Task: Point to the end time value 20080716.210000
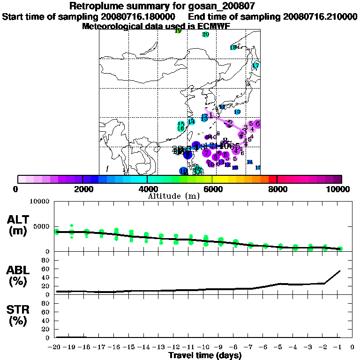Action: pos(320,16)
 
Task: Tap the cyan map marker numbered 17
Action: pos(256,66)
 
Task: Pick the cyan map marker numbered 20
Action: pos(205,35)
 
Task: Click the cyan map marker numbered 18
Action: pos(233,47)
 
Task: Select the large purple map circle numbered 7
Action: pos(207,153)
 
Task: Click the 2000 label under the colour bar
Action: pos(82,189)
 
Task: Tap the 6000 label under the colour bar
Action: pos(212,189)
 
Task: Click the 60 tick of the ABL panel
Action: pos(47,269)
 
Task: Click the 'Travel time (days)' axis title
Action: pos(205,355)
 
